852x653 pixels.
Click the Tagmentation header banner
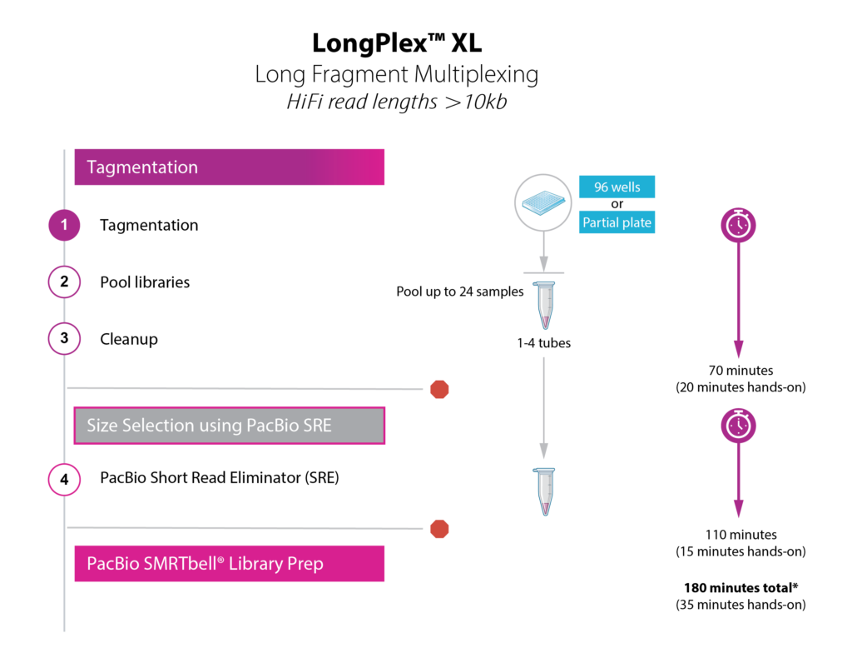point(229,167)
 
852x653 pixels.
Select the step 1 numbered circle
point(64,226)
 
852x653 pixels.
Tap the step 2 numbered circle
point(64,282)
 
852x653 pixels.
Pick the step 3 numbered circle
point(64,339)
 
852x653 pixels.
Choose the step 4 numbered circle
point(64,480)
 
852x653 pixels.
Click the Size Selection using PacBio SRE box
point(229,426)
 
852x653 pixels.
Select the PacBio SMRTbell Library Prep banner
point(229,564)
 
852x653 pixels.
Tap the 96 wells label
point(617,187)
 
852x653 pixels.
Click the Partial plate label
point(617,222)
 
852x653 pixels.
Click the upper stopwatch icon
point(738,225)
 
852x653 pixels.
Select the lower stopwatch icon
point(738,426)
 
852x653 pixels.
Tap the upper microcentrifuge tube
point(544,306)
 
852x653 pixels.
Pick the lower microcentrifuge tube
point(544,492)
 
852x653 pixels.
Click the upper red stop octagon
point(439,389)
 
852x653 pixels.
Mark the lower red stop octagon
point(439,529)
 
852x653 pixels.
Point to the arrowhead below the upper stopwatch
point(738,350)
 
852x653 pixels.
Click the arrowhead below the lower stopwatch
point(738,509)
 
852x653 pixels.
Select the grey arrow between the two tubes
point(544,408)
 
